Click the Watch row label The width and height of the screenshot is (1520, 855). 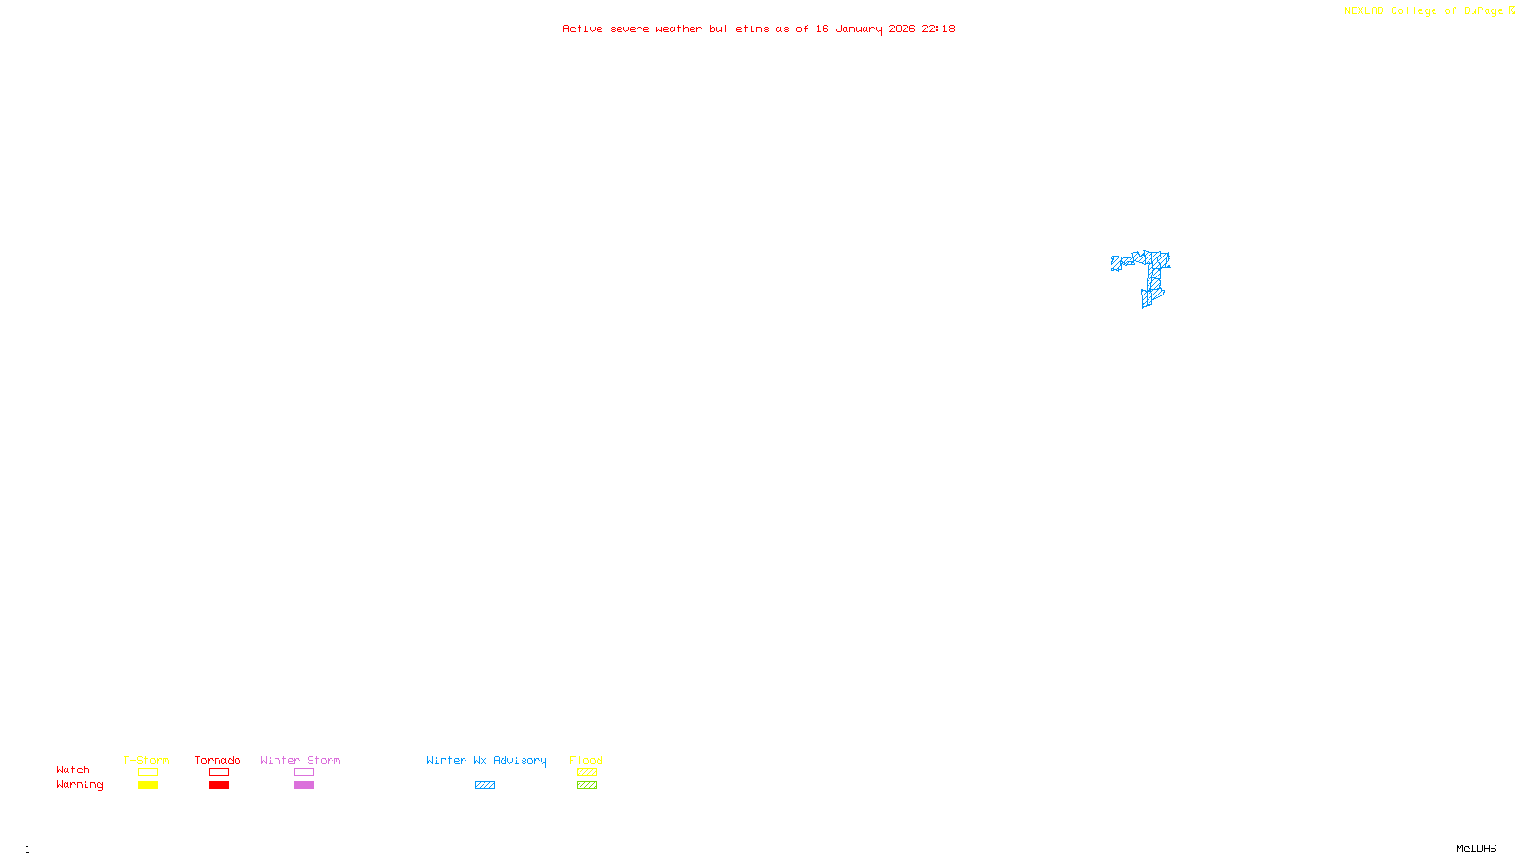[x=73, y=770]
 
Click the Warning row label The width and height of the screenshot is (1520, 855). [x=79, y=785]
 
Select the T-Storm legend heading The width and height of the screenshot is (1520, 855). [x=146, y=760]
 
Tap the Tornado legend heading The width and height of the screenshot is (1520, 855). [x=218, y=760]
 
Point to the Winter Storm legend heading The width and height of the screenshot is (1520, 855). [x=300, y=760]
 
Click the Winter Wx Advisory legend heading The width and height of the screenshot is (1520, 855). [x=486, y=760]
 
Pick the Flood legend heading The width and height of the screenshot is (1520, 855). [x=586, y=760]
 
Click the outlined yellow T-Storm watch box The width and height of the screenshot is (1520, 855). [x=147, y=772]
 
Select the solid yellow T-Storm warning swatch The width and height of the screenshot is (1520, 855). [x=147, y=786]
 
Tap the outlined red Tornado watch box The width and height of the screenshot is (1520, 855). [x=218, y=772]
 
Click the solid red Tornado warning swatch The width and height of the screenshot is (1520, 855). [x=218, y=786]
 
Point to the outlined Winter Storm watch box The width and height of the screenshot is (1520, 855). [x=304, y=772]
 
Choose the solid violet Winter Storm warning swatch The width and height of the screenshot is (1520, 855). [x=304, y=786]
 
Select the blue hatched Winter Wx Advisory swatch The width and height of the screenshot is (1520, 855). [x=484, y=786]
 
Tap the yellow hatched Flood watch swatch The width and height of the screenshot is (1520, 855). [x=586, y=772]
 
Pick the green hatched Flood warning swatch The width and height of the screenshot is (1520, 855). [x=586, y=786]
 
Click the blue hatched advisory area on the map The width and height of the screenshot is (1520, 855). [x=1153, y=275]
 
